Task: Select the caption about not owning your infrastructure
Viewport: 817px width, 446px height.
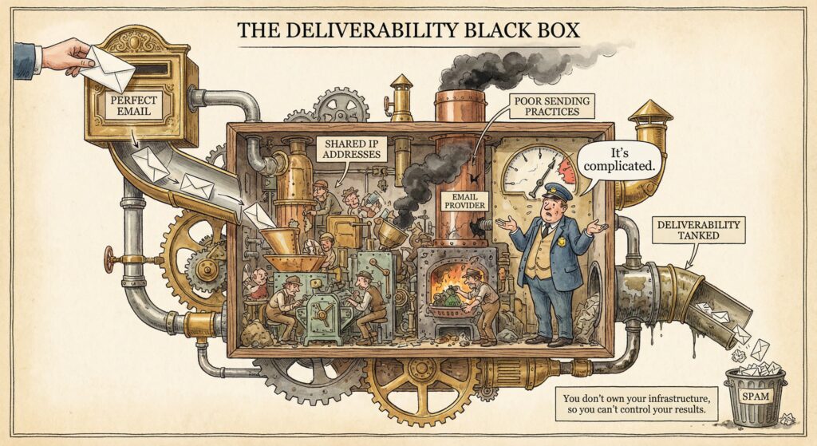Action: coord(636,405)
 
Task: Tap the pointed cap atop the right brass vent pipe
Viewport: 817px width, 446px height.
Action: coord(650,112)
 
